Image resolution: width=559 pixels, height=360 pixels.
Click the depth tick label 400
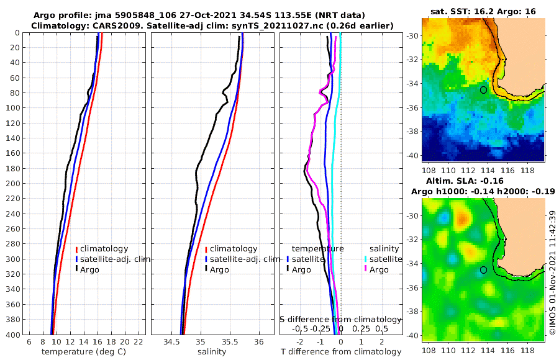point(12,335)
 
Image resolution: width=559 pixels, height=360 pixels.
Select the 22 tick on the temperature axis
point(138,342)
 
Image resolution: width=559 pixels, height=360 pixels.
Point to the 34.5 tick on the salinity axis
point(171,342)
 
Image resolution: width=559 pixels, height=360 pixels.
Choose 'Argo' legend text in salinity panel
point(219,269)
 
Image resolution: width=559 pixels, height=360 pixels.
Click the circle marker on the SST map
point(483,90)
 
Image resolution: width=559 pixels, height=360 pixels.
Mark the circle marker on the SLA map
point(483,270)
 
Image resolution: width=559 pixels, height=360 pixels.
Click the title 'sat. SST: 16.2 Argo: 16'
point(483,12)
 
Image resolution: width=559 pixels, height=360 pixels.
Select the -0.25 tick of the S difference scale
point(321,328)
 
